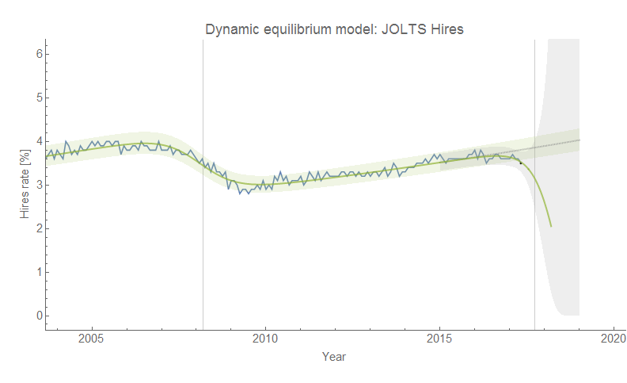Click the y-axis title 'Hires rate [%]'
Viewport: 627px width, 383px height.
[x=25, y=185]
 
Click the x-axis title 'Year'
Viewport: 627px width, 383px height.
[x=333, y=357]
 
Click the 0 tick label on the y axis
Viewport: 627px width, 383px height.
[x=36, y=316]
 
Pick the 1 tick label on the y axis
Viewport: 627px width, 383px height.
[x=36, y=272]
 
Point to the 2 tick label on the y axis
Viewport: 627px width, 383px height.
[x=36, y=228]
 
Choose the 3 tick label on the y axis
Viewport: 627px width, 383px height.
[x=36, y=185]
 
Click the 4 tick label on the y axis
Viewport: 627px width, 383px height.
[x=36, y=141]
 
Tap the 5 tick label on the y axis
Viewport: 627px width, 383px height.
[x=36, y=98]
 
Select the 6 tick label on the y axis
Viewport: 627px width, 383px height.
[x=36, y=54]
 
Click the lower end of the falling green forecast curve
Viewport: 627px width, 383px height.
[x=551, y=226]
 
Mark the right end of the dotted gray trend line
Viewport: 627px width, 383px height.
[x=579, y=140]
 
